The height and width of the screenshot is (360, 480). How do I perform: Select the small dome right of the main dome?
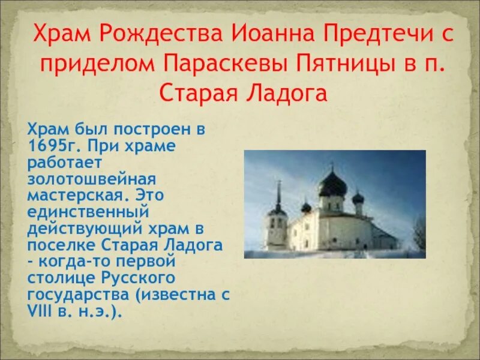click(358, 197)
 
